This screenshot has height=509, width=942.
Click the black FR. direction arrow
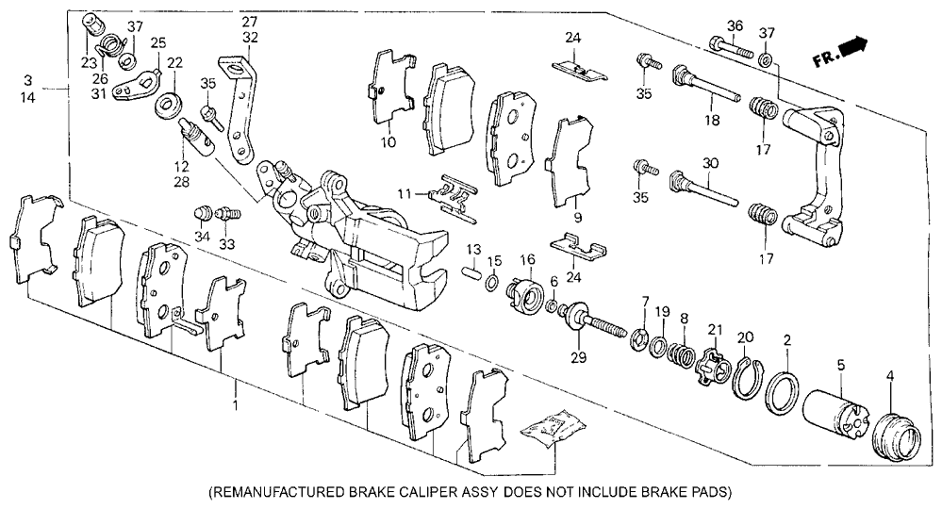tap(852, 47)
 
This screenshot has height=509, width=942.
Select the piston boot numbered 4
tap(895, 435)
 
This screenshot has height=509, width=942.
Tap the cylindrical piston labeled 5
tap(835, 414)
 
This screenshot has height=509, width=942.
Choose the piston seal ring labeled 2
tap(783, 393)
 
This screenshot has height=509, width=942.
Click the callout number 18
tap(712, 121)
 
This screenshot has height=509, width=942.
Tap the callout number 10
tap(388, 142)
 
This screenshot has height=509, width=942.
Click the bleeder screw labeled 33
tap(230, 214)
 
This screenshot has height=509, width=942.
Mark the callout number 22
tap(174, 63)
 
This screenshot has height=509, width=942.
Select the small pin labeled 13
tap(472, 271)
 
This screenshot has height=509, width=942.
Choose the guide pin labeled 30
tap(703, 189)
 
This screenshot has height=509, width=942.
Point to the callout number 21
tap(715, 330)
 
